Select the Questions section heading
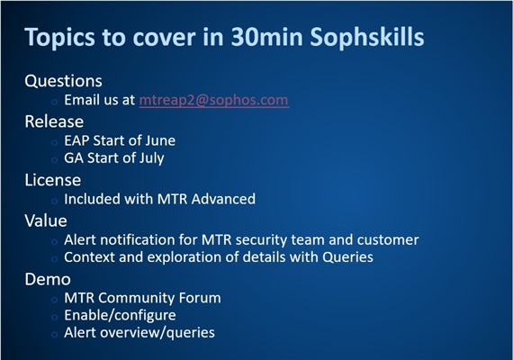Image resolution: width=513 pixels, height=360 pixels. pos(63,81)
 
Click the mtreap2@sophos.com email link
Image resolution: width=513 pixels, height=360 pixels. pos(213,101)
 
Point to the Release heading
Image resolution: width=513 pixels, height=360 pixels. pos(54,121)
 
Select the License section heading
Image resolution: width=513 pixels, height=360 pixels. pos(54,179)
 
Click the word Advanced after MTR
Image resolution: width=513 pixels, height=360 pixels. pos(222,199)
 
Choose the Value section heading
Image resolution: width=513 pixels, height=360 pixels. pos(46,220)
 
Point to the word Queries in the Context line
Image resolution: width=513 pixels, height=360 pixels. pos(346,257)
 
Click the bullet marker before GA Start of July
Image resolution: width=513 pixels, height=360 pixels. pos(54,159)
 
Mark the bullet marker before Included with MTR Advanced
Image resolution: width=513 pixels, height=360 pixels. pos(54,200)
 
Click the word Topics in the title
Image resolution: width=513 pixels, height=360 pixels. pos(58,39)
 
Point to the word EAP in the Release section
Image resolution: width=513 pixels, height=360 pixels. pos(78,139)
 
